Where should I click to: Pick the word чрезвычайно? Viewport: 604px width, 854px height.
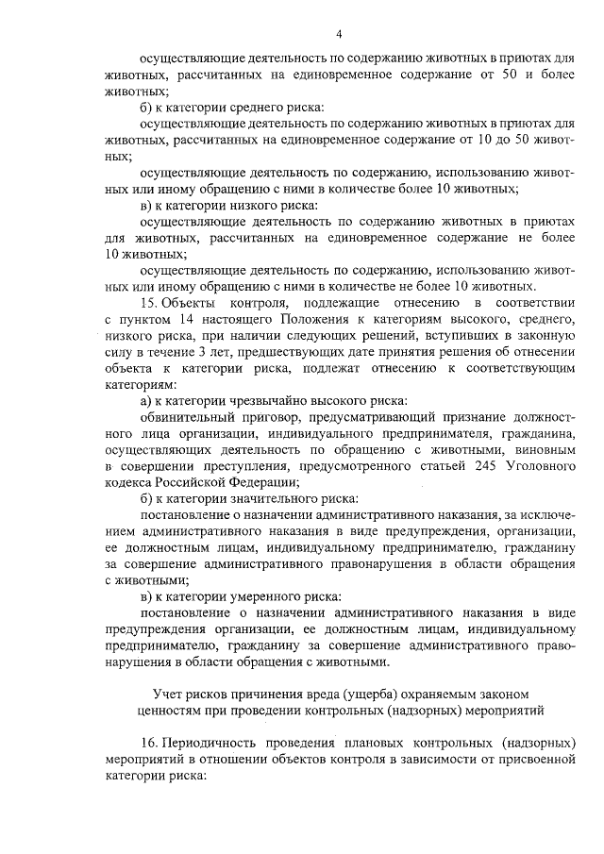[x=271, y=401]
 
